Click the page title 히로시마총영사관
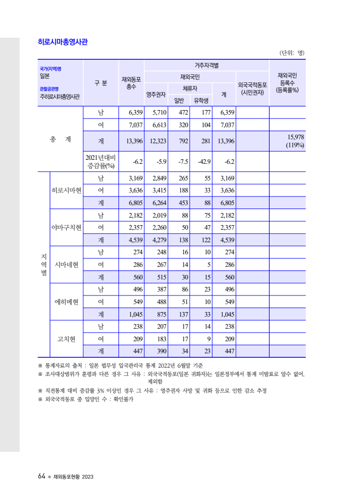coord(63,42)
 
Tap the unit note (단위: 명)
coord(292,53)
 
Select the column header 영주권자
coord(156,94)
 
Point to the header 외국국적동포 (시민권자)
coord(253,88)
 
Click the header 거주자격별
coord(206,65)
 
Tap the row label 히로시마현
coord(66,190)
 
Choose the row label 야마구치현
coord(66,228)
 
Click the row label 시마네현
coord(66,265)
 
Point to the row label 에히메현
coord(66,302)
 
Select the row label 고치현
coord(66,339)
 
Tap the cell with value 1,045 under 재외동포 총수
coord(131,315)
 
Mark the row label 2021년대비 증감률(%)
coord(101,161)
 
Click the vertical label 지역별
coord(44,265)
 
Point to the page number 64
coord(42,476)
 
